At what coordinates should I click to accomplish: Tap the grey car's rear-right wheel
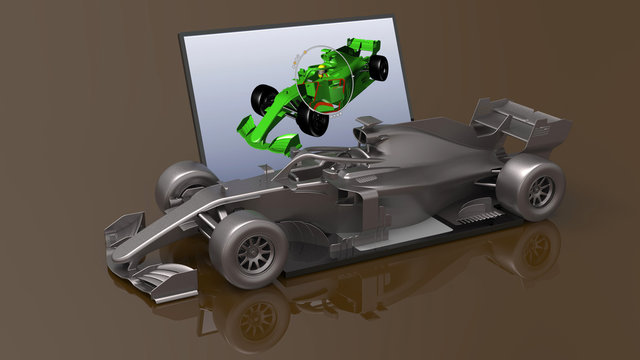(532, 186)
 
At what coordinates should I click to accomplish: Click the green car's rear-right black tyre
(379, 66)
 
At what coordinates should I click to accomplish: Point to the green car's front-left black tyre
(264, 98)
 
